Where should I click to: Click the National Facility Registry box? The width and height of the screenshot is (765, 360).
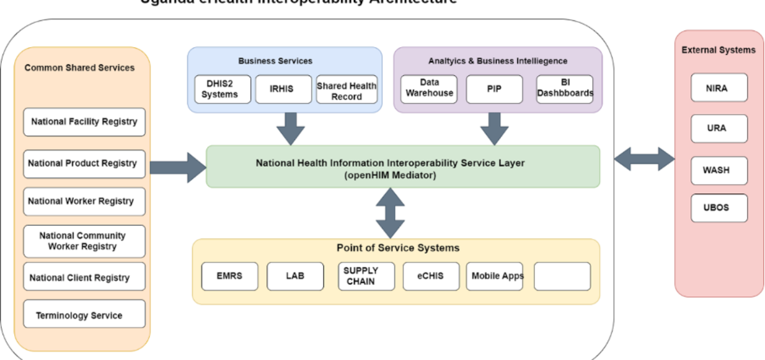click(x=84, y=122)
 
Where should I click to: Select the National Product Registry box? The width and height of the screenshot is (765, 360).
click(x=84, y=164)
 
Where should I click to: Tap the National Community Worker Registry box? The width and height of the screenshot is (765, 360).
click(x=84, y=241)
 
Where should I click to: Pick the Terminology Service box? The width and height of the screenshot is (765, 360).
click(x=84, y=315)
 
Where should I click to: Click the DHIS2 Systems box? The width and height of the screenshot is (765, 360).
click(x=220, y=89)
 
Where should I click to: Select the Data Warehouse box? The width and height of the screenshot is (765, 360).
click(x=430, y=88)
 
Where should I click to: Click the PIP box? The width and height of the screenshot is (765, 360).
click(x=494, y=89)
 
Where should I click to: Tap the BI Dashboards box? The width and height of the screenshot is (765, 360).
click(x=565, y=89)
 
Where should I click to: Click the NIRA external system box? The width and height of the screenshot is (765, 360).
click(x=718, y=88)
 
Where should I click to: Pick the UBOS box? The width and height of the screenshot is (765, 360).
click(x=718, y=208)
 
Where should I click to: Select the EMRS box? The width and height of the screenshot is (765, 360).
click(x=229, y=276)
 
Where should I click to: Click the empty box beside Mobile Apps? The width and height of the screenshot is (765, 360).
click(x=562, y=276)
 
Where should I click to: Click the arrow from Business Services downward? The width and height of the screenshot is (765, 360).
click(x=291, y=129)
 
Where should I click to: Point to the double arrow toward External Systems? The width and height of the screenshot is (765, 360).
click(x=644, y=159)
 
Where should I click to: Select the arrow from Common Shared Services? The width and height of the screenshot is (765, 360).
click(x=178, y=167)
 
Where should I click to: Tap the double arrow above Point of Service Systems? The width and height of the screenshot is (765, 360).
click(x=390, y=213)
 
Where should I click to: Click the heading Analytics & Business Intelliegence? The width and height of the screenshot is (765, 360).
click(x=498, y=61)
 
